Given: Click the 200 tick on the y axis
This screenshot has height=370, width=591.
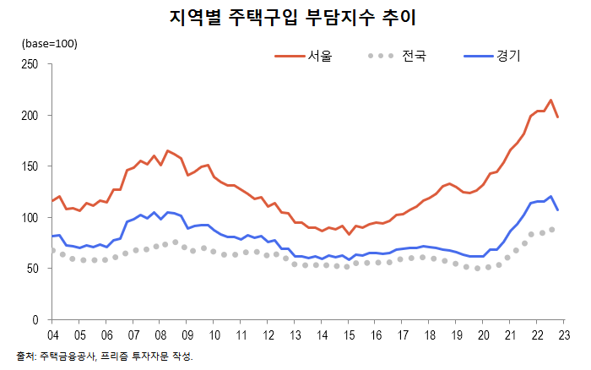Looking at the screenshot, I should tap(31, 115).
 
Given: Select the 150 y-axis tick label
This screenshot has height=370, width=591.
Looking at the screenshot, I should tap(31, 166).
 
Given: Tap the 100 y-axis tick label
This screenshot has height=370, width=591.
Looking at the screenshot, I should tap(31, 218).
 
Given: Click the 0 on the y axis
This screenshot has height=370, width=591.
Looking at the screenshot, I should tap(37, 320).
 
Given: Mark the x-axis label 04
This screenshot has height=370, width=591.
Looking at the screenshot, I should tap(52, 335).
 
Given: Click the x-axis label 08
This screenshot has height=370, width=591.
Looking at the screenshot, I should tap(160, 335).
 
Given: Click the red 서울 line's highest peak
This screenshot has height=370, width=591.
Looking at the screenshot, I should tap(550, 100).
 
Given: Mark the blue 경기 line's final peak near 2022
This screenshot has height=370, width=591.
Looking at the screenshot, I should tap(550, 197).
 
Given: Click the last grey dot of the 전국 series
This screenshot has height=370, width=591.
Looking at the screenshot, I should tap(552, 229).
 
